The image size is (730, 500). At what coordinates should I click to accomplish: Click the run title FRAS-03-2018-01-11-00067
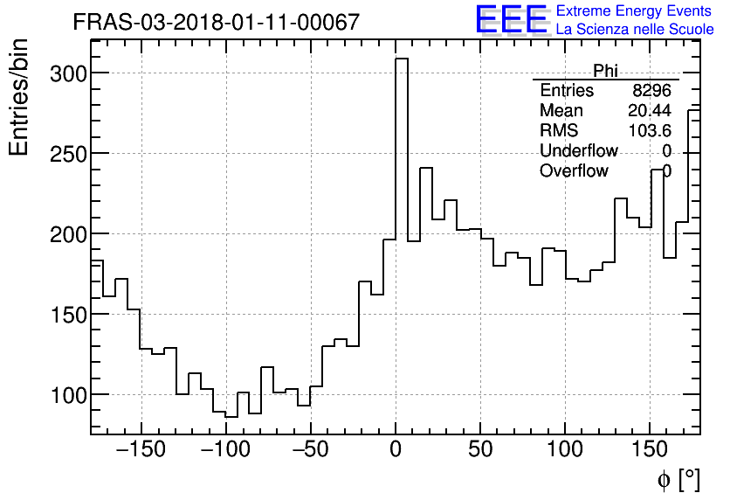pos(216,22)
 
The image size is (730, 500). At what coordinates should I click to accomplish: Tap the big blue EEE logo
pos(511,20)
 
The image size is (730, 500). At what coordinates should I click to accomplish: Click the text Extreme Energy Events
pos(634,11)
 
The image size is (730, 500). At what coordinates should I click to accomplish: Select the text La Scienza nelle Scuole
pos(635,30)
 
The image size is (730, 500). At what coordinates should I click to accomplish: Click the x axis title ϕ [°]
pos(678,479)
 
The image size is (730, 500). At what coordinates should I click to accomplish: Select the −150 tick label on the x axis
pos(141,450)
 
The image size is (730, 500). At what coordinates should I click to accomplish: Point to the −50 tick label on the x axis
pos(310,450)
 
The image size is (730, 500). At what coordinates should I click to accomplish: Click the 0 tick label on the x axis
pos(396,450)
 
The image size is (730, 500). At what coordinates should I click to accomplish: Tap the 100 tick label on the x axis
pos(565,450)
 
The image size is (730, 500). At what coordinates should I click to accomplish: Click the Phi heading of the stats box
pos(605,71)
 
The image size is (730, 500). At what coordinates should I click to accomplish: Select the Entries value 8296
pos(651,91)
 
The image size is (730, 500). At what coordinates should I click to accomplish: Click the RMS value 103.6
pos(650,131)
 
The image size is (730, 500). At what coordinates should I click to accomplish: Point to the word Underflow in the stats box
pos(578,151)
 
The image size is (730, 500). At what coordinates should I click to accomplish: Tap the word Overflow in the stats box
pos(574,171)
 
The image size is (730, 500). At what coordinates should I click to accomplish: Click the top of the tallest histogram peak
pos(402,59)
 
